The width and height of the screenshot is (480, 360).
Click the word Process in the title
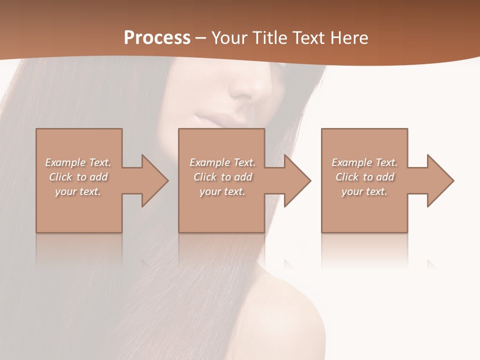pyautogui.click(x=157, y=38)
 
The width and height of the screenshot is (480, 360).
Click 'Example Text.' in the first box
pyautogui.click(x=78, y=162)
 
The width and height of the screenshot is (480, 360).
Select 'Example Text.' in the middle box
pyautogui.click(x=222, y=162)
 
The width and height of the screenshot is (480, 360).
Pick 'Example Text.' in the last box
pyautogui.click(x=364, y=162)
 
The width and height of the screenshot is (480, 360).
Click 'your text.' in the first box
pyautogui.click(x=78, y=191)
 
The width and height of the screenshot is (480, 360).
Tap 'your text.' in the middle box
pyautogui.click(x=222, y=191)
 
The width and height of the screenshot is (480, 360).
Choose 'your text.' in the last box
pyautogui.click(x=364, y=191)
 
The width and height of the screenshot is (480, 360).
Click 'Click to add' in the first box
pyautogui.click(x=78, y=177)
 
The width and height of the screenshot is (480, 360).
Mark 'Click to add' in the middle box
pyautogui.click(x=222, y=177)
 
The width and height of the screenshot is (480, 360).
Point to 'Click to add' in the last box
pyautogui.click(x=364, y=177)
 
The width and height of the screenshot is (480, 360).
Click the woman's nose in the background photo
pyautogui.click(x=252, y=87)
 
